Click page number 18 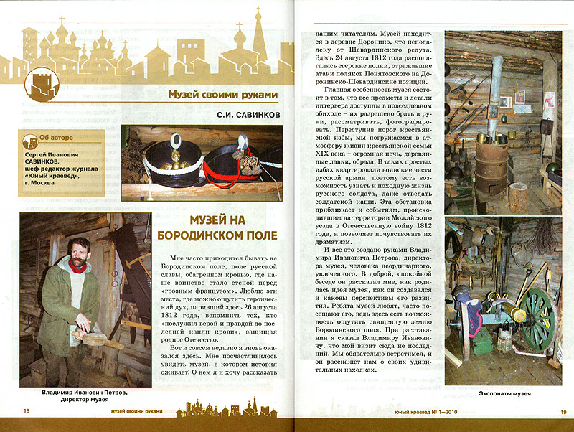(x=27, y=411)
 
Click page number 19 (x=563, y=411)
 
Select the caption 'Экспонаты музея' (x=502, y=394)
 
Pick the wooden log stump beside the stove (x=518, y=197)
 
